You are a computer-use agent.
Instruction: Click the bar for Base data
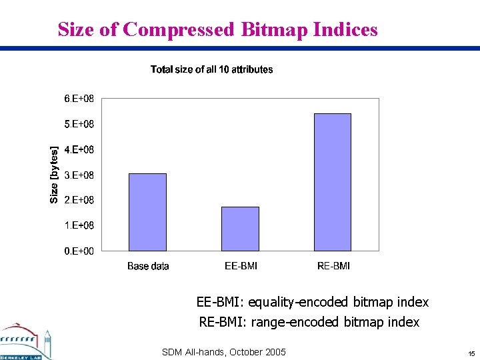click(x=147, y=212)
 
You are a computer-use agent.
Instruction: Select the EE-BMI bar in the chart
click(x=240, y=229)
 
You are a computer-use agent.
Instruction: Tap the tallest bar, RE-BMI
click(x=333, y=182)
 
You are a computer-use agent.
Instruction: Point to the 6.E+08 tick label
click(x=79, y=99)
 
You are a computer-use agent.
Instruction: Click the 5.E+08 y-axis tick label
click(x=79, y=124)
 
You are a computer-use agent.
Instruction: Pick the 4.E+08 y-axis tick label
click(x=79, y=149)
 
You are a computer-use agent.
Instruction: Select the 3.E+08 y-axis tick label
click(x=79, y=175)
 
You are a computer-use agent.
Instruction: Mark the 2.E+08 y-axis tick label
click(x=79, y=200)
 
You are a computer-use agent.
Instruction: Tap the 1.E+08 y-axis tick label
click(x=79, y=225)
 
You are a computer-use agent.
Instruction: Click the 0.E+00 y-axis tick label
click(x=79, y=251)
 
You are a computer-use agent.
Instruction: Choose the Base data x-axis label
click(x=148, y=266)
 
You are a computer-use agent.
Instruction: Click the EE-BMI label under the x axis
click(x=241, y=266)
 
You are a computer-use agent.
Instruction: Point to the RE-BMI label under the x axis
click(x=333, y=266)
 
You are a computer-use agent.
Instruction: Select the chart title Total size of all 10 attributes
click(x=211, y=69)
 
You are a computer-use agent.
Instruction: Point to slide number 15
click(x=471, y=353)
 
